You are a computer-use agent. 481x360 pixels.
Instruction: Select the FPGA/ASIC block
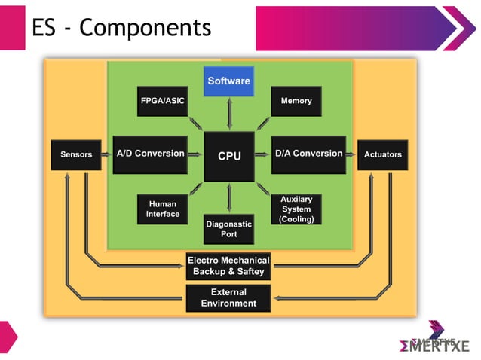pos(162,101)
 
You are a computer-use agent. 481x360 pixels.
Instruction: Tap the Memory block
pos(296,101)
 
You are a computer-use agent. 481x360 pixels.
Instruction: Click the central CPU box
pos(229,156)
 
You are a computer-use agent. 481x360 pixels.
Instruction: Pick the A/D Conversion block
pos(150,154)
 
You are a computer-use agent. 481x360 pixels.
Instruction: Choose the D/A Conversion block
pos(308,154)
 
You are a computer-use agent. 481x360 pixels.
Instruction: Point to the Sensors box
pos(75,154)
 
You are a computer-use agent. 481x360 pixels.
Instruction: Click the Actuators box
pos(382,154)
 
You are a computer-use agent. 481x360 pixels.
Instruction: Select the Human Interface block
pos(163,209)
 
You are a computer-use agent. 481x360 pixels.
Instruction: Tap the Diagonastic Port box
pos(228,229)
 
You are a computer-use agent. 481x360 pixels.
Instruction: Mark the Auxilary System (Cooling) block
pos(296,209)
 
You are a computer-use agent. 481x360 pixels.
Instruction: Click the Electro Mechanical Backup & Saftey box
pos(228,266)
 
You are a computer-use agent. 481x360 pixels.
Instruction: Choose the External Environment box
pos(228,298)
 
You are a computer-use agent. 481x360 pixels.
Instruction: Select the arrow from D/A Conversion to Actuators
pos(351,154)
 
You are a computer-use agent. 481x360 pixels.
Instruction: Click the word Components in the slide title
pos(145,28)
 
